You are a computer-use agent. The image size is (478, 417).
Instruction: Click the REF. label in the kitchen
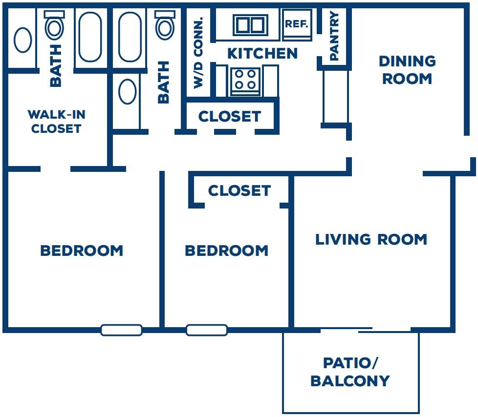(296, 24)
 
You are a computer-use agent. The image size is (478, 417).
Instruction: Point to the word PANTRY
(334, 36)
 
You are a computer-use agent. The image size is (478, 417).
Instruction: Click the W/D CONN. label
(198, 53)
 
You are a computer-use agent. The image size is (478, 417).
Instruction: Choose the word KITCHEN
(262, 54)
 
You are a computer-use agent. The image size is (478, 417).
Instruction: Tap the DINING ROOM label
(407, 70)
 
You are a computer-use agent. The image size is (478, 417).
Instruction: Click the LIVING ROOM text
(371, 239)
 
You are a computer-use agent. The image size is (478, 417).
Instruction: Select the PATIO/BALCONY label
(350, 372)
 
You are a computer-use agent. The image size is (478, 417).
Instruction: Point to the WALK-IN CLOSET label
(56, 122)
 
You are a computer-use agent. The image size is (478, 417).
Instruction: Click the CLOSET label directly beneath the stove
(230, 116)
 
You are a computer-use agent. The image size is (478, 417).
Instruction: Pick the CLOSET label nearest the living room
(239, 191)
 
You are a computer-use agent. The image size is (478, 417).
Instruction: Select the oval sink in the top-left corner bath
(23, 40)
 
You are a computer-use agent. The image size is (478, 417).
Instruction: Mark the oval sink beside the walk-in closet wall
(128, 92)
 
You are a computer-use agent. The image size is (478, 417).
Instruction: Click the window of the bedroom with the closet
(207, 330)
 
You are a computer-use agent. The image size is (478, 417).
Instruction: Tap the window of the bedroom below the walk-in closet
(121, 330)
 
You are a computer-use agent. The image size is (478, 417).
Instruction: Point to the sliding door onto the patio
(366, 330)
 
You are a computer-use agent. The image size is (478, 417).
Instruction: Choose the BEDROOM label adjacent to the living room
(227, 250)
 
